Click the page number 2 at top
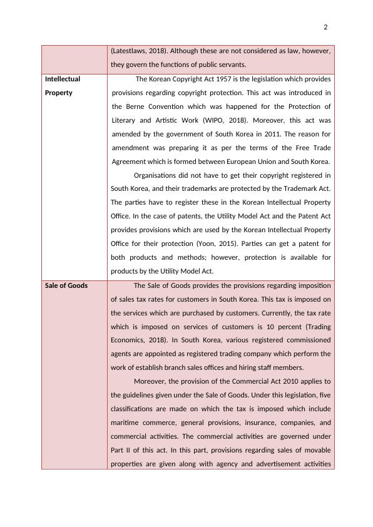325,27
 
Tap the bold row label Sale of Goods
66,285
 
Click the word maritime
126,422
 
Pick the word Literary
126,120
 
